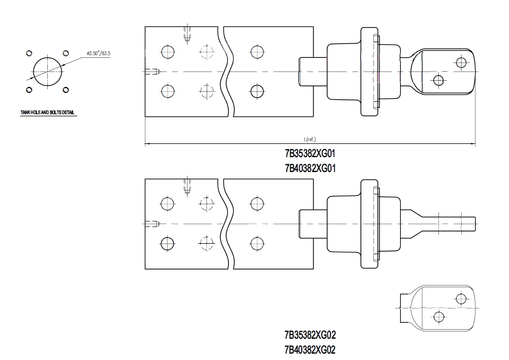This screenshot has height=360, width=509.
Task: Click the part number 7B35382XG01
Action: tap(310, 155)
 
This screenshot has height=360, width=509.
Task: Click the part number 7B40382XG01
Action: tap(310, 168)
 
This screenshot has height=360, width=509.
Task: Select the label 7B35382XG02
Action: tap(310, 335)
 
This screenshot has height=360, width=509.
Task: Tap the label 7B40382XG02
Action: tap(310, 350)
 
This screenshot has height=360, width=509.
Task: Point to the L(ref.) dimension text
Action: tap(310, 140)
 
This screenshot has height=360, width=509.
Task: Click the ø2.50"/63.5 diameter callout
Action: tap(98, 54)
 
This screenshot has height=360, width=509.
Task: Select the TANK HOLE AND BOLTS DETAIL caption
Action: tap(48, 113)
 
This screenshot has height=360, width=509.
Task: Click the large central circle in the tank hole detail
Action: tap(47, 71)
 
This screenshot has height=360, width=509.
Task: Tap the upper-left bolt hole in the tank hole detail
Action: tap(30, 53)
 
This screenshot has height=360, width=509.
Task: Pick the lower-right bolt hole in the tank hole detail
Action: tap(65, 89)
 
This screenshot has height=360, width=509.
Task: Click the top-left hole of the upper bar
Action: tap(168, 52)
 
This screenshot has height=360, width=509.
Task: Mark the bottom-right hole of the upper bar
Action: tap(257, 91)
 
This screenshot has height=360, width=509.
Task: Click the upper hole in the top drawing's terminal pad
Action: tap(461, 63)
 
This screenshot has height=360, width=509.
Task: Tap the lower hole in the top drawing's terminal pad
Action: tap(438, 81)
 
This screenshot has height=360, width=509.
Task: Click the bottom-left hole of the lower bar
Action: tap(168, 243)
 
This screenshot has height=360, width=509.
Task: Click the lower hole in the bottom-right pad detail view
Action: tap(439, 318)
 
